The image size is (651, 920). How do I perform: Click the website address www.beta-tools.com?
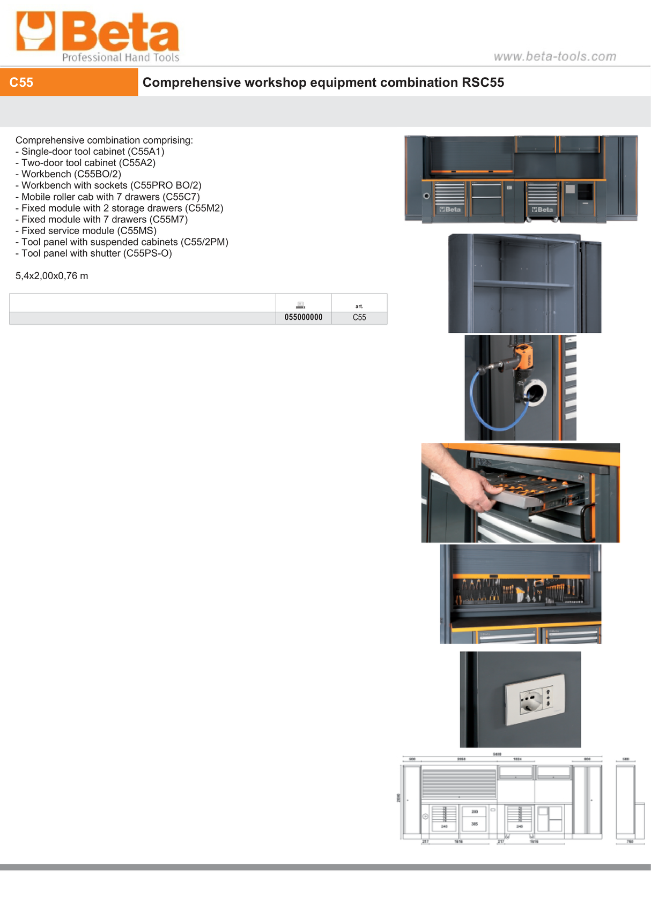tap(554, 56)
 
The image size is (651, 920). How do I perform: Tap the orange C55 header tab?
tap(69, 83)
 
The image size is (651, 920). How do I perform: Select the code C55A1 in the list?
tap(146, 152)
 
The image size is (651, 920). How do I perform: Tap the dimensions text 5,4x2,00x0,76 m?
tap(51, 276)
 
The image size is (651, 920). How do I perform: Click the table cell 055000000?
tap(304, 318)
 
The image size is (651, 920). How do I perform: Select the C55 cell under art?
tap(359, 318)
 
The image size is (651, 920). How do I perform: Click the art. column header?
tap(359, 306)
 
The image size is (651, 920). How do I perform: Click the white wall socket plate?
tap(535, 699)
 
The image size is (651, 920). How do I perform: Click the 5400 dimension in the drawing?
tap(497, 754)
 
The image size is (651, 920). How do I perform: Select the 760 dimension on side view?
tap(630, 842)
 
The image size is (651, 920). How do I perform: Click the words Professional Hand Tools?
tap(121, 57)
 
